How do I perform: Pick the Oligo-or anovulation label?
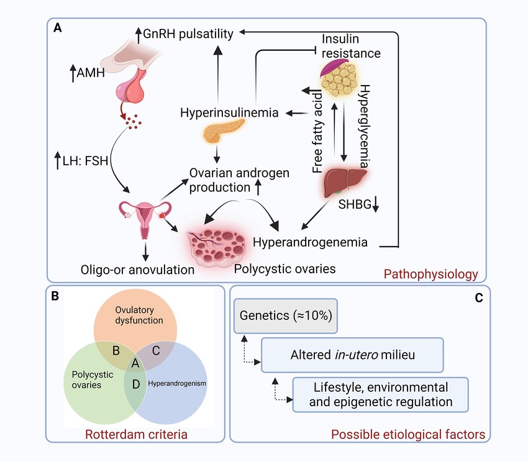(137, 270)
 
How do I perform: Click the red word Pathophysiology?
(431, 273)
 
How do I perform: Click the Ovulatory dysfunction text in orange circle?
(137, 315)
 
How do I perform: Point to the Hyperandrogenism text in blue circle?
(177, 383)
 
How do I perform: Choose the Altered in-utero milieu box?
(352, 355)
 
